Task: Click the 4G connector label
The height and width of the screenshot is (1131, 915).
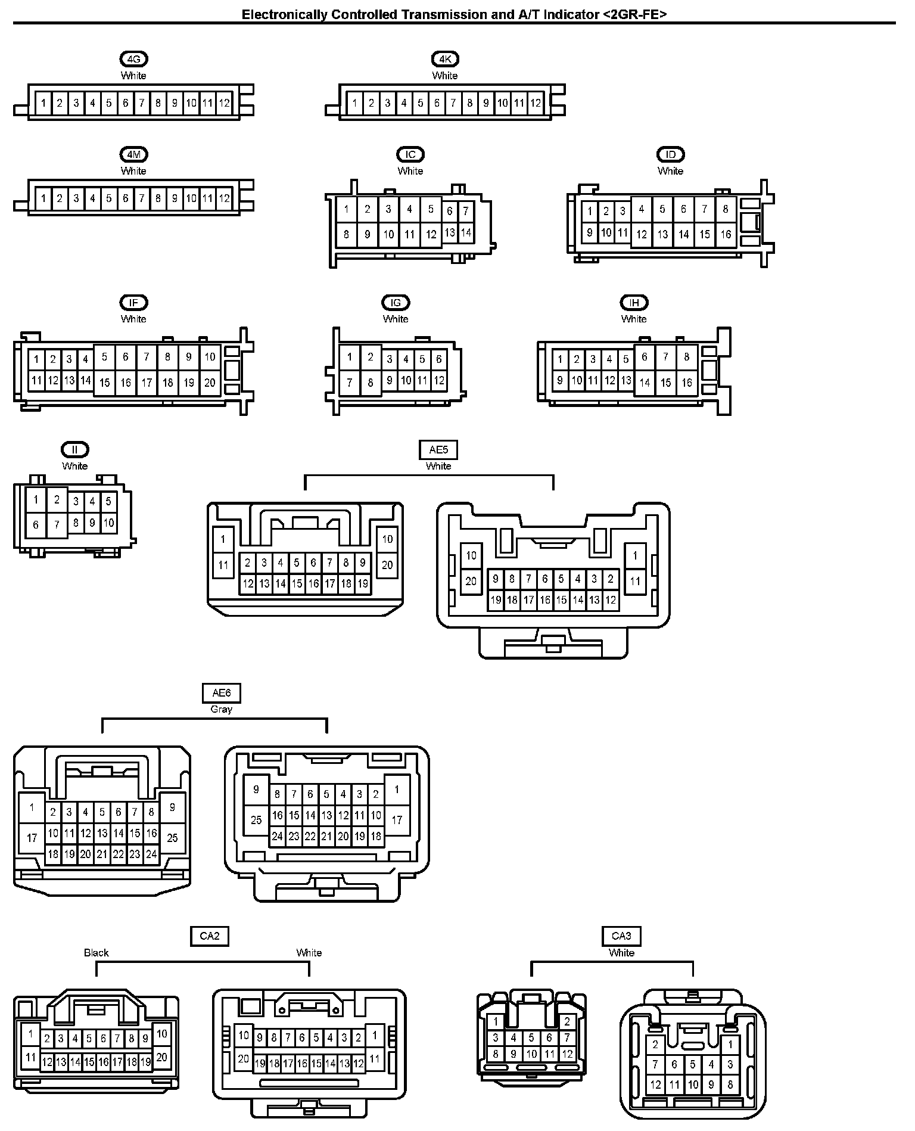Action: (133, 59)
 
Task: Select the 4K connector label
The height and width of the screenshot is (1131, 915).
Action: (445, 59)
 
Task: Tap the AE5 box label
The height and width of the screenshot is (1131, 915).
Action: (438, 450)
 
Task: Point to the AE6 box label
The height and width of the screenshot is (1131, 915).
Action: (221, 693)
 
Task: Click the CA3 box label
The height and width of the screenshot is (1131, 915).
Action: (621, 936)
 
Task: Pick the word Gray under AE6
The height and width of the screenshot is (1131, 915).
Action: (221, 709)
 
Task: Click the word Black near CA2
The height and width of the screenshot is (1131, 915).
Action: (96, 953)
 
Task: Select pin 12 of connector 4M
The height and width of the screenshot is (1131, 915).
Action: (224, 198)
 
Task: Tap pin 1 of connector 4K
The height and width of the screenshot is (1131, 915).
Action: (354, 103)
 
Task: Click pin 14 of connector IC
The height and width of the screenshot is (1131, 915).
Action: (466, 232)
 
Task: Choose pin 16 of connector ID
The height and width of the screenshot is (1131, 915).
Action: (726, 234)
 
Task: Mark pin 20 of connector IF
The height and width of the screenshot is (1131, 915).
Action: (210, 383)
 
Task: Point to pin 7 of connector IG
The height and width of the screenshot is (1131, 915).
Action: (350, 382)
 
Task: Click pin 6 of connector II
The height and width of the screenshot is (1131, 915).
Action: (36, 524)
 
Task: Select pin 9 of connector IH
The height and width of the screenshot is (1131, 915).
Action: (560, 380)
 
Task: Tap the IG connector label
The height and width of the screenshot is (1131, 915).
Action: (396, 303)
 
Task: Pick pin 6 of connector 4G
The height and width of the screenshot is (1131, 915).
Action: (125, 103)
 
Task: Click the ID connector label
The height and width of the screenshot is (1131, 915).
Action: (670, 155)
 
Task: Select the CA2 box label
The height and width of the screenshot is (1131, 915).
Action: (210, 936)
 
